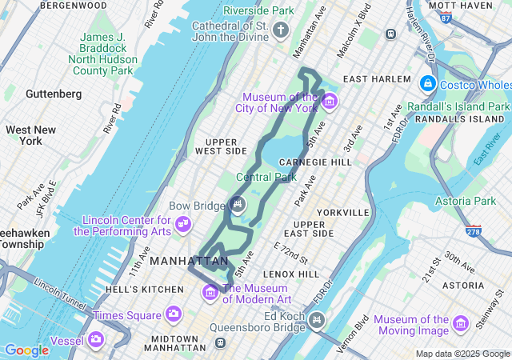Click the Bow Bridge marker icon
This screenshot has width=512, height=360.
[238, 205]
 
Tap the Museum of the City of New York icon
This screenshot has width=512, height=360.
[330, 102]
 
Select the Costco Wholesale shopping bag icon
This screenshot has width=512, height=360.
[427, 82]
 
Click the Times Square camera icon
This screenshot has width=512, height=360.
[173, 314]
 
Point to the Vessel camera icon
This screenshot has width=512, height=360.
[96, 339]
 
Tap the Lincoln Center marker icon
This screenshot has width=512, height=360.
[184, 222]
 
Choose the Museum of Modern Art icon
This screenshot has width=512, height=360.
[211, 292]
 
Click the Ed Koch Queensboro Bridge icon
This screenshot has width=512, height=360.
[317, 322]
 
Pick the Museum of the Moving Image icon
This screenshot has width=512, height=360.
[460, 323]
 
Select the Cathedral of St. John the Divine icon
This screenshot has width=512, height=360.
[280, 30]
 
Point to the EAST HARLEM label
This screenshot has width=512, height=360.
[376, 79]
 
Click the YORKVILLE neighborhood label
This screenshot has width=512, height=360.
[342, 213]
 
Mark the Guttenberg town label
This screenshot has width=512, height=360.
[54, 94]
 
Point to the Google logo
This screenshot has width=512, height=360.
[26, 350]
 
